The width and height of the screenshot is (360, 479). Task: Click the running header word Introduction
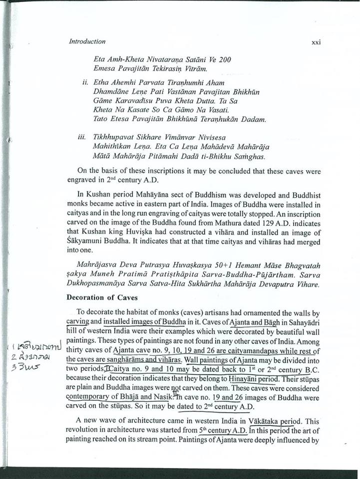click(87, 41)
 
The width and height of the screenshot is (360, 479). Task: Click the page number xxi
click(315, 42)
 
